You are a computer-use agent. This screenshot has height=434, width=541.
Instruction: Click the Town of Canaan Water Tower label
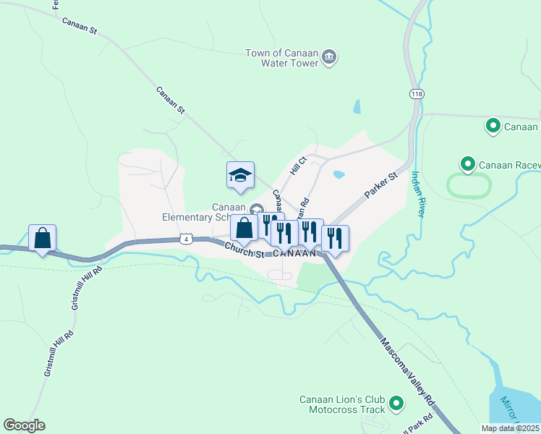pyautogui.click(x=281, y=58)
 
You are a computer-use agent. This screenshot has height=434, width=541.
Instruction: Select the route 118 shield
pyautogui.click(x=416, y=94)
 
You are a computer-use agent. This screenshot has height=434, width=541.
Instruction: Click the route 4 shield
pyautogui.click(x=187, y=239)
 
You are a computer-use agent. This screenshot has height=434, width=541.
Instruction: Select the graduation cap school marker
pyautogui.click(x=240, y=175)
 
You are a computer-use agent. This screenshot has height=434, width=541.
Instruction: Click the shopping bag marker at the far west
pyautogui.click(x=43, y=238)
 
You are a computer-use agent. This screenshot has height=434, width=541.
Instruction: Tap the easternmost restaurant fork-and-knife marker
pyautogui.click(x=335, y=239)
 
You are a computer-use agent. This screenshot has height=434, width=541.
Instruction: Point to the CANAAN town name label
pyautogui.click(x=294, y=253)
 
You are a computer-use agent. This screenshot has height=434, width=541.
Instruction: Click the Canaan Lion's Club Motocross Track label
pyautogui.click(x=342, y=404)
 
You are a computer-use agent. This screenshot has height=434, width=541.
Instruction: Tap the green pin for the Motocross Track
pyautogui.click(x=396, y=403)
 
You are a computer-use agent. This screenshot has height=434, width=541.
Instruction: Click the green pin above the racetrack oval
pyautogui.click(x=467, y=165)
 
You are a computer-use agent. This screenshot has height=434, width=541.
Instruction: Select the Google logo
pyautogui.click(x=24, y=425)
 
